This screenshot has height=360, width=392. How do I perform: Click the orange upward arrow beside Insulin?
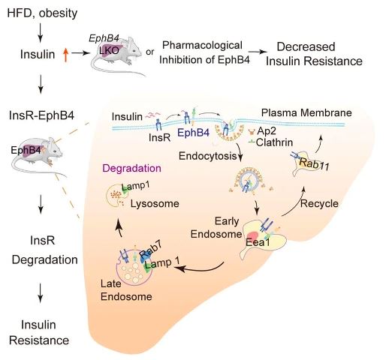65,55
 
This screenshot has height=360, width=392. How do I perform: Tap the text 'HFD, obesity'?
42,13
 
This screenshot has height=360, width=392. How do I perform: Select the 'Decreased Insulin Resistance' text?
314,54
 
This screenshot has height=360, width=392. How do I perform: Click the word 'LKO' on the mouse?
109,50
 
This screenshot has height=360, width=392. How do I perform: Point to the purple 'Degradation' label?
131,168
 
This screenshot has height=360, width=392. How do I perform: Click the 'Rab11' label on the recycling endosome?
314,164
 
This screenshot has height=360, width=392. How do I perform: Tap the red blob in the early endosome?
253,236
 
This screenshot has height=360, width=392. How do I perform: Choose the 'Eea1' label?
258,242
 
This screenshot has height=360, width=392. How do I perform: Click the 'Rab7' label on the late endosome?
150,252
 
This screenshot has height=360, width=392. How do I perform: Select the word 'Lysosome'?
155,203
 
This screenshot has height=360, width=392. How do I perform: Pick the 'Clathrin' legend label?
274,142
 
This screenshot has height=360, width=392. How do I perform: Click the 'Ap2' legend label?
267,130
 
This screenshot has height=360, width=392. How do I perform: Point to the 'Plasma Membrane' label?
306,112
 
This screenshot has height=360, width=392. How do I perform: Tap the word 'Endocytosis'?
208,156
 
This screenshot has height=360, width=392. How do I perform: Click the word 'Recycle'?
319,203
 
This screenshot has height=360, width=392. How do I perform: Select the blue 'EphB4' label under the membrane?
193,133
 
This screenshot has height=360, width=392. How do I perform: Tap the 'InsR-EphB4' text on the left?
41,115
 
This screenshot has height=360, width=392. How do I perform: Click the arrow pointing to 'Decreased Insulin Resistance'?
258,52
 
